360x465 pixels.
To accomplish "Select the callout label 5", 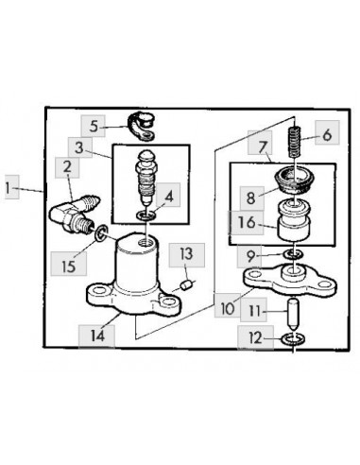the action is (94, 126).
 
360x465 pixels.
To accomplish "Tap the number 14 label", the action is (96, 336).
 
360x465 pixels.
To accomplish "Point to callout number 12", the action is (255, 338).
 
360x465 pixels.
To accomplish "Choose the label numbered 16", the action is (247, 222).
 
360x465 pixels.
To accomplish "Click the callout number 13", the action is (186, 254).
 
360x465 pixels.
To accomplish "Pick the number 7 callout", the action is (263, 147).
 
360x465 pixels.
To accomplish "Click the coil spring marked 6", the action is (296, 142).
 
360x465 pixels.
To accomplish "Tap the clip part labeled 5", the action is (141, 128).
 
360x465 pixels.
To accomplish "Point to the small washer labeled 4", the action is (146, 215).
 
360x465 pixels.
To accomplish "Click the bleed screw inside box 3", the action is (146, 178).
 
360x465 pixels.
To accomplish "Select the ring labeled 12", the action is (293, 339).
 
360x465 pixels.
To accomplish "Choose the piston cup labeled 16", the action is (293, 220).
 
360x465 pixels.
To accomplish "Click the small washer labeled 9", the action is (293, 253).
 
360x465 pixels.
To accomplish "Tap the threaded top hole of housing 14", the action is (146, 242).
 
